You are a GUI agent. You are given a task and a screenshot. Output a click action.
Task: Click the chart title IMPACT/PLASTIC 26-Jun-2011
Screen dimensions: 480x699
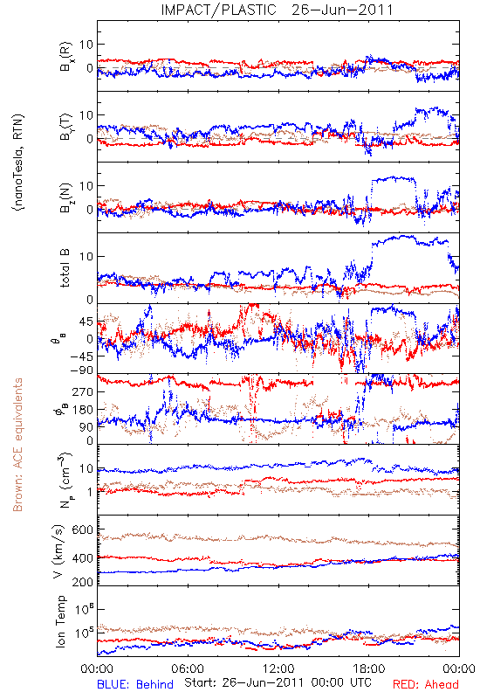(278, 10)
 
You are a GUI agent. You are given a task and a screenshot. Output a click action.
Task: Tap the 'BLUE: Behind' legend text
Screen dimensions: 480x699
(135, 684)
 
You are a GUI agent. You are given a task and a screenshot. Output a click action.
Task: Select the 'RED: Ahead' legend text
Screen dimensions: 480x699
(425, 684)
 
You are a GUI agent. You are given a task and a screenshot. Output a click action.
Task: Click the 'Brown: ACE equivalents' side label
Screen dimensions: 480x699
(17, 445)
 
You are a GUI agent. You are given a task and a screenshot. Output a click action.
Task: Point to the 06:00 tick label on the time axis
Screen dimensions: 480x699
(188, 668)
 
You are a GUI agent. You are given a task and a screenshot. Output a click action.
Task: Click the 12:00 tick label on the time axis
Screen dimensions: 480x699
(278, 668)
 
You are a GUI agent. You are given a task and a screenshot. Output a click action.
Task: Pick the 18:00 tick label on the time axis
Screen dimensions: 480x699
(369, 668)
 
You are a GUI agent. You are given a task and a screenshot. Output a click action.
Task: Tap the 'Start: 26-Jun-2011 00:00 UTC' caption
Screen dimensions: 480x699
(278, 682)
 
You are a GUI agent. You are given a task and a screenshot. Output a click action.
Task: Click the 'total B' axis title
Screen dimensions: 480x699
(65, 268)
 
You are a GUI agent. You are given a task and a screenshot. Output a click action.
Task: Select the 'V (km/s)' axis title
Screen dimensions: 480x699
(58, 551)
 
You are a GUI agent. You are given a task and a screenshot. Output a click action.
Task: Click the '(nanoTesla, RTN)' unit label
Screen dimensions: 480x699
(18, 162)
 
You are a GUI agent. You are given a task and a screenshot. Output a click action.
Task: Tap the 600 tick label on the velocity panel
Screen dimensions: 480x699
(83, 529)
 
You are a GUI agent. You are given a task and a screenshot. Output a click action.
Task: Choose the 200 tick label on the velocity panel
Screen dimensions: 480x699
(83, 582)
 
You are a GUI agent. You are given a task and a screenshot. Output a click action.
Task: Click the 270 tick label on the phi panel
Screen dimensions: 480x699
(83, 391)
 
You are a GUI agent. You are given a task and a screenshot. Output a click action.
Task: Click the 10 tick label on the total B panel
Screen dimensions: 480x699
(86, 256)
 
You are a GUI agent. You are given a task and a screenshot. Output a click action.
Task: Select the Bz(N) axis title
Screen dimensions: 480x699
(65, 197)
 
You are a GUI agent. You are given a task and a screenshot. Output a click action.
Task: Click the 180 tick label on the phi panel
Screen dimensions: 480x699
(83, 409)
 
